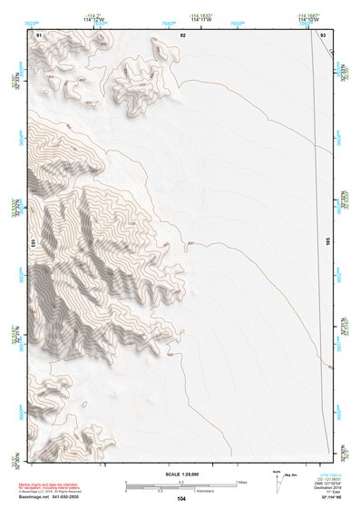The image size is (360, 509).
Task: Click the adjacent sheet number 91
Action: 39,34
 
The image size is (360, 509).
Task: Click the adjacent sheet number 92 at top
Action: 182,34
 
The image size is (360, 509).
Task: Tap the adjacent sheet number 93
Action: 324,34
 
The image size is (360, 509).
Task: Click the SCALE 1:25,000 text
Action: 181,474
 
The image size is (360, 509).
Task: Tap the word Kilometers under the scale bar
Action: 181,491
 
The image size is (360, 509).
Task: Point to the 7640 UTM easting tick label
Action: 169,22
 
